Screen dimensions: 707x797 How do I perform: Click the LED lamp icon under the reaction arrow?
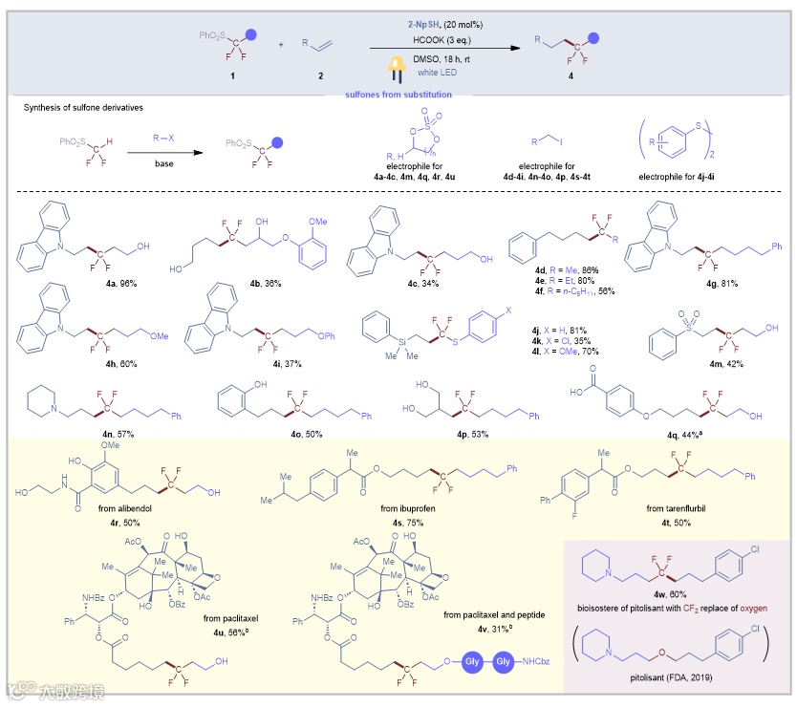coord(392,68)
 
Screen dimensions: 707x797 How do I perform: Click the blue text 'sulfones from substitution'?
coord(398,94)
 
